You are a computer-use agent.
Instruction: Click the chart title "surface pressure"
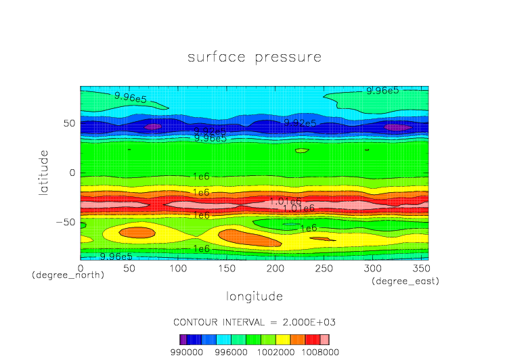255,57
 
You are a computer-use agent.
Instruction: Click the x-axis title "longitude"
255,296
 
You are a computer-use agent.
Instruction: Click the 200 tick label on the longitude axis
274,268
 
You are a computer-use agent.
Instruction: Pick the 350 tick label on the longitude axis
420,268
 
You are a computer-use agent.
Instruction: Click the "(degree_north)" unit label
68,275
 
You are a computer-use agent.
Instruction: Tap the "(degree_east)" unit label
405,281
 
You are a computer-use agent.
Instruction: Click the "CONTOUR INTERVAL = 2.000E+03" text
255,321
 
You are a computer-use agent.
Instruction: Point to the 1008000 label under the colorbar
321,352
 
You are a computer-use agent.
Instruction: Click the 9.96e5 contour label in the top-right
382,90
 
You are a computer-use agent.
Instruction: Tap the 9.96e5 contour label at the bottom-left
116,256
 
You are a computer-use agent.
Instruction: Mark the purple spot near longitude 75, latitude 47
153,127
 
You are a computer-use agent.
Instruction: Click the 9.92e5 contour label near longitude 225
300,123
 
